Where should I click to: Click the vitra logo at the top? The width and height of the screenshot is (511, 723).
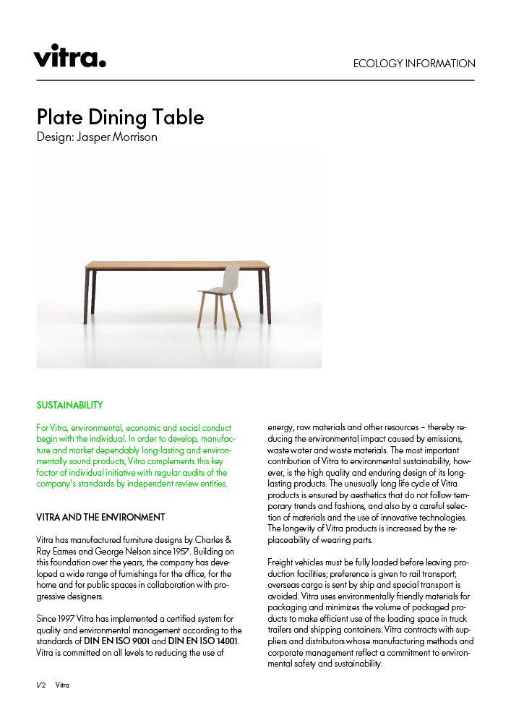(x=69, y=55)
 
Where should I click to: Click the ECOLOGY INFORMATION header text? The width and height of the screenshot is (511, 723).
(x=414, y=64)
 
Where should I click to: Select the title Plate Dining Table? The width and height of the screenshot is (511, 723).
(x=120, y=117)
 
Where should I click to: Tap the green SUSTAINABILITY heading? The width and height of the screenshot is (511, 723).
(x=69, y=405)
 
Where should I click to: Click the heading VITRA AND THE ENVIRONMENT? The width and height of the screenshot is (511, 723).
(x=100, y=518)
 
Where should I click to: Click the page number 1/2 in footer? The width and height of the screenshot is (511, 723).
(x=40, y=685)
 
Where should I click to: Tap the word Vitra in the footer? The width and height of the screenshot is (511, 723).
(x=63, y=685)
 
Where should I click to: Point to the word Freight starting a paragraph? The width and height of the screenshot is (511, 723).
(x=282, y=562)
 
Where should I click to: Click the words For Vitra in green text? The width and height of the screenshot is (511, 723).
(x=54, y=427)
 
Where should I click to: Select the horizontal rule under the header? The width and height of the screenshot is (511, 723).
(x=255, y=80)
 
